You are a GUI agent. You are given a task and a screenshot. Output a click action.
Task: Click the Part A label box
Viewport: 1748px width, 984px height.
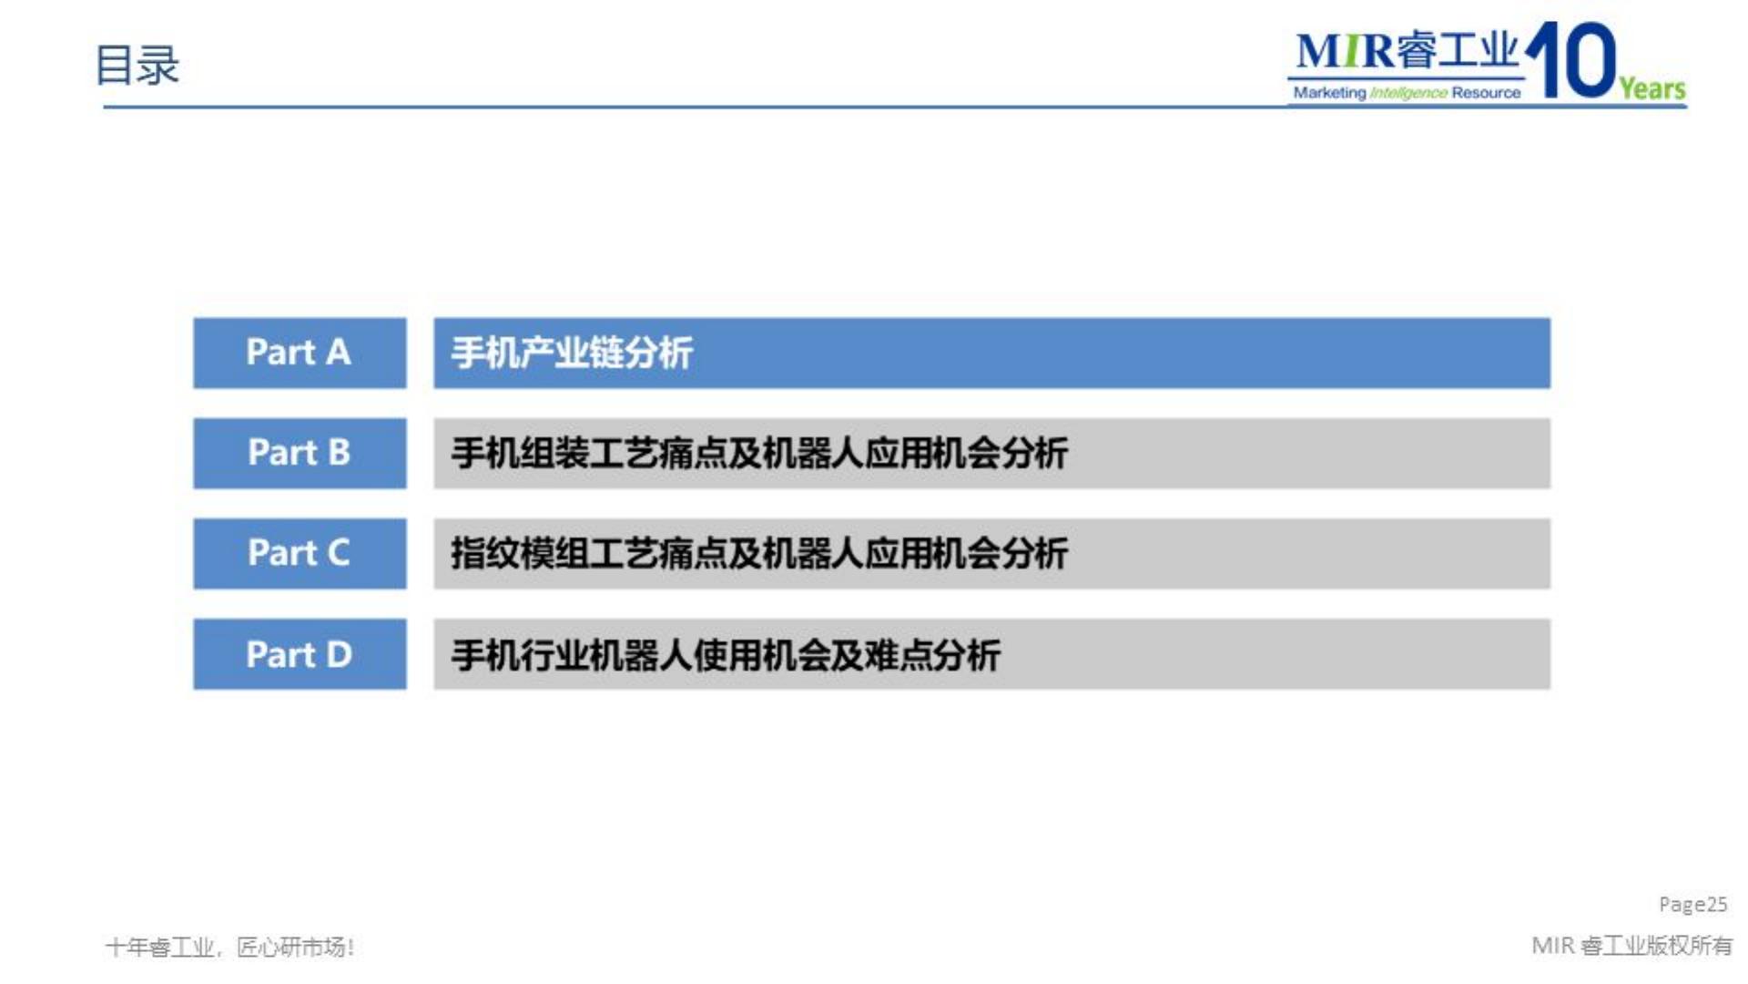(300, 353)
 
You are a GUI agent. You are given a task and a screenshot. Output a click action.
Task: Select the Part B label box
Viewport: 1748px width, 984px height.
(300, 453)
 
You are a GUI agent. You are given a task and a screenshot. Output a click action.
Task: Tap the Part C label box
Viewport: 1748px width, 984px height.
(300, 553)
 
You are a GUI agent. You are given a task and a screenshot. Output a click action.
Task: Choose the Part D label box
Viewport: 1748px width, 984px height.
(300, 653)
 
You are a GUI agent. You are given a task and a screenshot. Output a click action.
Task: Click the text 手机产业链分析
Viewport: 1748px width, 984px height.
(572, 353)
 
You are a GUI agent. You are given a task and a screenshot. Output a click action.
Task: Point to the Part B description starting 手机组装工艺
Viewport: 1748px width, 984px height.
(759, 453)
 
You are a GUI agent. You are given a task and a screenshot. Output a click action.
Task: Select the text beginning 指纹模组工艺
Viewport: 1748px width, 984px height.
(759, 553)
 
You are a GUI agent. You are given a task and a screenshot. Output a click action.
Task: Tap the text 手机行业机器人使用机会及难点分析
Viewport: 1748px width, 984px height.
(726, 655)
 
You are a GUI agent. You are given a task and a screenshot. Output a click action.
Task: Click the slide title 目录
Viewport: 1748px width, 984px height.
(137, 66)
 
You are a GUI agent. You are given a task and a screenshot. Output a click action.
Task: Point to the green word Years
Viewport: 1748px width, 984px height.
(1651, 88)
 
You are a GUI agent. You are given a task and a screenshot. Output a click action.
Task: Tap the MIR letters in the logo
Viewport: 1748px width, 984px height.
(1345, 51)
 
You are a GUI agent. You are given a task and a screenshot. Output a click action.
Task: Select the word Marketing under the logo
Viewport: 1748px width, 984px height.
(1329, 93)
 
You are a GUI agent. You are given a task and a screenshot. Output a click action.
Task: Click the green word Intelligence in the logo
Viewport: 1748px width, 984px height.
(1408, 93)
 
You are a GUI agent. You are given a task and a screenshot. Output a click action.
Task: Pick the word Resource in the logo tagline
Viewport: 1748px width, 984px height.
(1486, 93)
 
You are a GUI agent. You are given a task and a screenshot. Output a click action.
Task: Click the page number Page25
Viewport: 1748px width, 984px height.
(1692, 904)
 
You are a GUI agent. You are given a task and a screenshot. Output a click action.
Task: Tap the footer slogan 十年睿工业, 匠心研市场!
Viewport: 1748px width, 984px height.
(229, 948)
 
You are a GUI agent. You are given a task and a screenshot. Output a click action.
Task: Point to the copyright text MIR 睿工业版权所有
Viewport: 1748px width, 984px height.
(1631, 946)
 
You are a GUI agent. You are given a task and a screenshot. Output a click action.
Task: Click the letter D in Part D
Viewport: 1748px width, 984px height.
(339, 655)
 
